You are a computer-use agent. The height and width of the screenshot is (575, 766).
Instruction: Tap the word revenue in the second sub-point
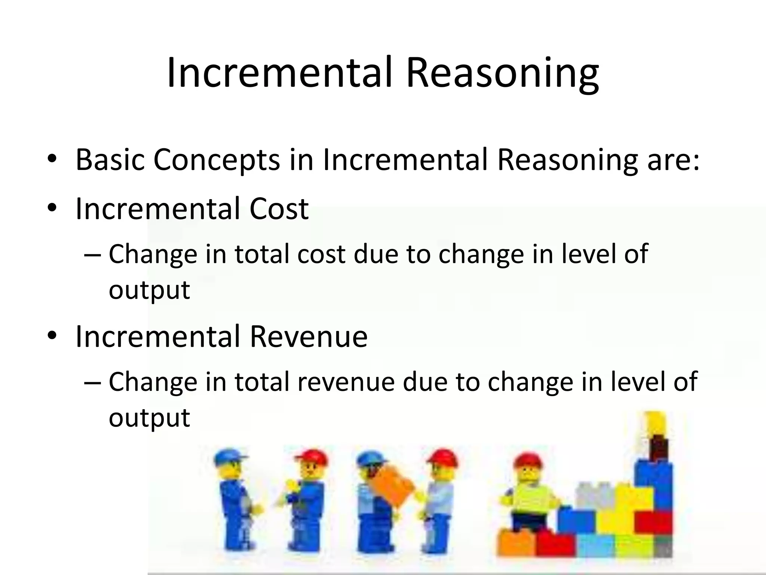346,382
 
